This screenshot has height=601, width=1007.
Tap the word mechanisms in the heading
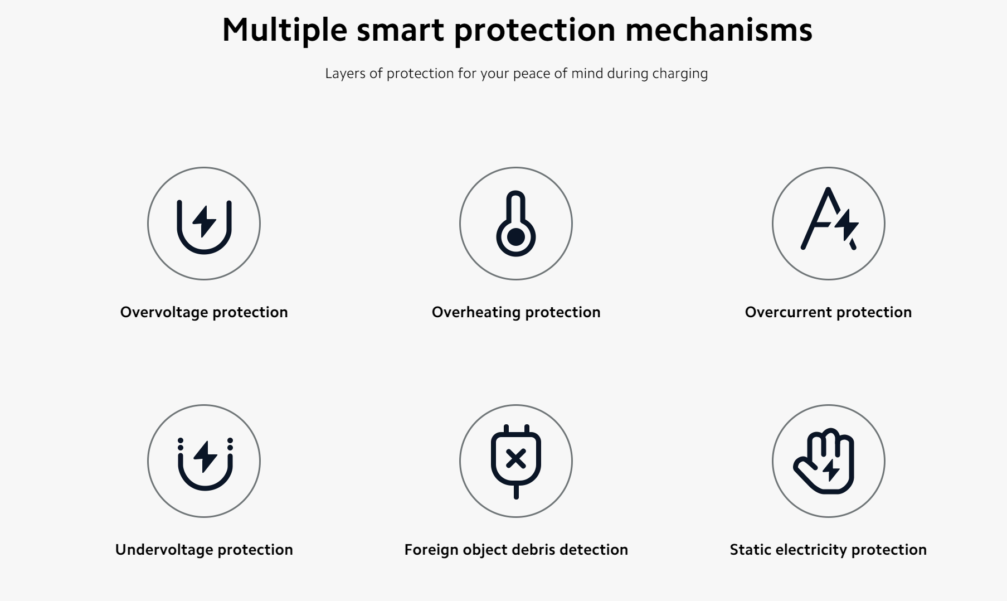[719, 30]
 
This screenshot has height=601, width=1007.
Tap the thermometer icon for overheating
[516, 224]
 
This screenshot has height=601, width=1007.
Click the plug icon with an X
[516, 461]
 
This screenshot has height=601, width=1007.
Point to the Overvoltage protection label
[204, 312]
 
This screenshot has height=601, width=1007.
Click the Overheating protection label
[516, 312]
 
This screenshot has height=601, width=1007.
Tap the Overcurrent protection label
[829, 312]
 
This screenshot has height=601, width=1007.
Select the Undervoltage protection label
[204, 550]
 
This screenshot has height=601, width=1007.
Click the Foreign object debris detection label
[516, 550]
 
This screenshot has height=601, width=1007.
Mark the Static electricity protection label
[829, 550]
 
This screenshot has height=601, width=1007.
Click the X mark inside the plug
[516, 459]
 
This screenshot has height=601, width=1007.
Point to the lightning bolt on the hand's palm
[831, 469]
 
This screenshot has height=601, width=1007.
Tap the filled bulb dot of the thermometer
[516, 237]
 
